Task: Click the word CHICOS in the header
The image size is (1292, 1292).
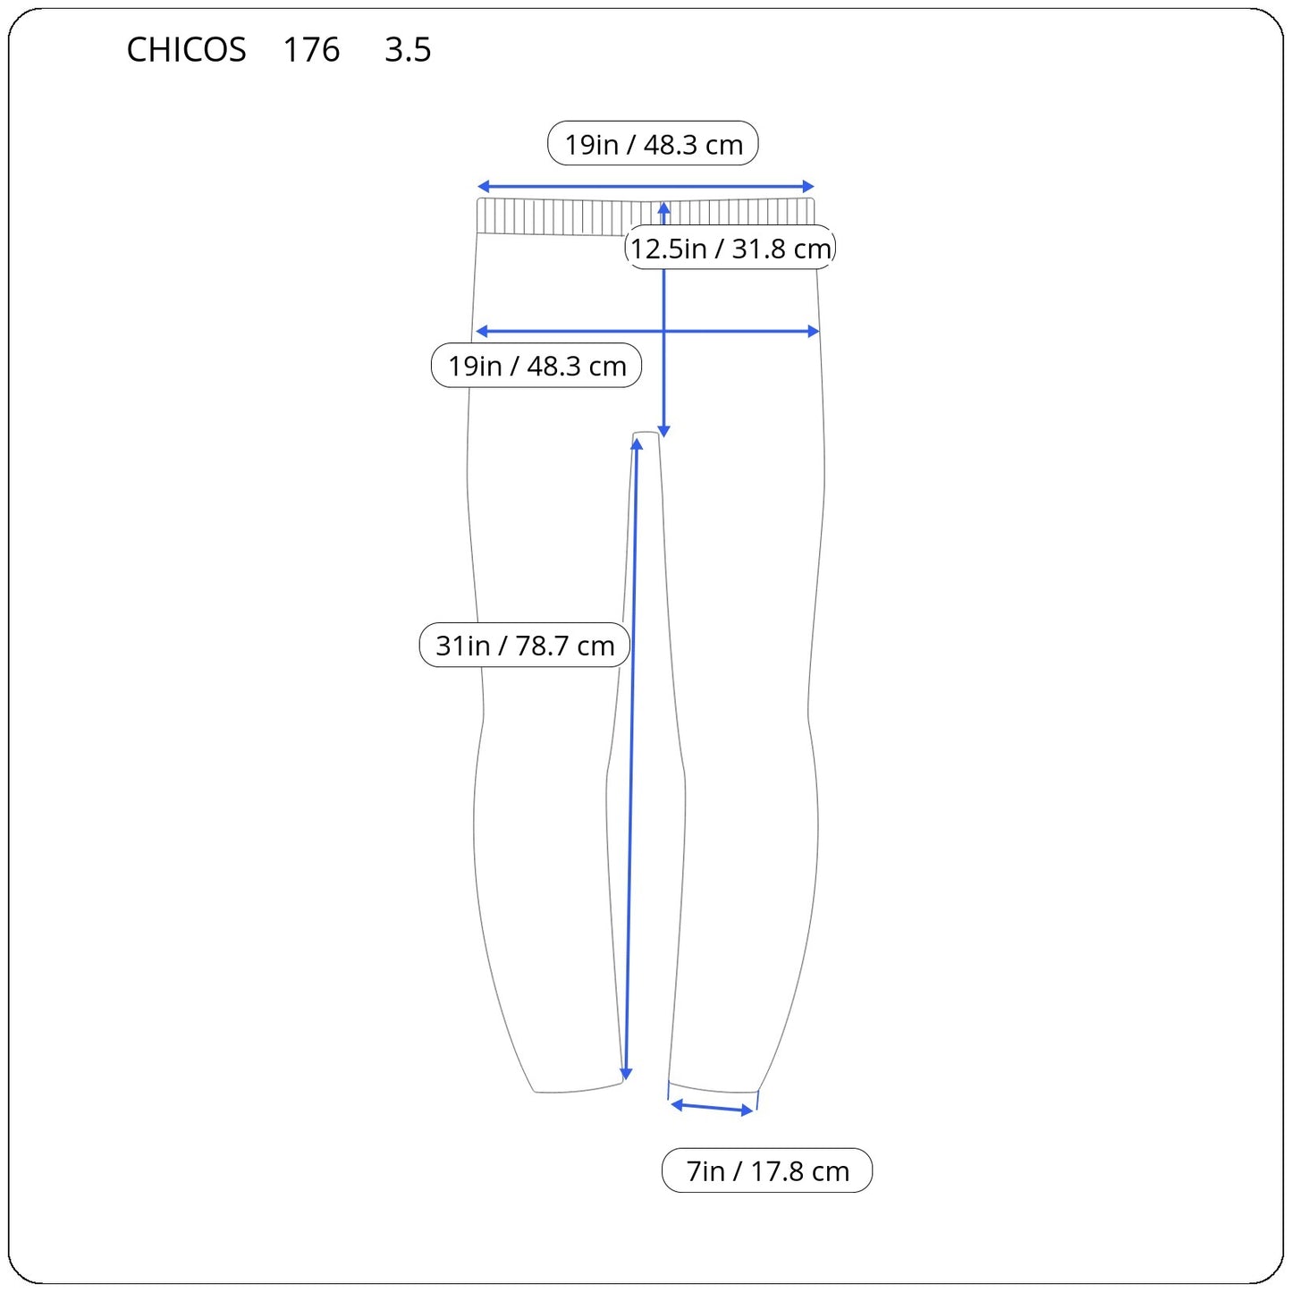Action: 186,49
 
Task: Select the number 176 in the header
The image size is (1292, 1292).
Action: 311,49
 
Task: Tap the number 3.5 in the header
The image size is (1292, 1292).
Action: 408,49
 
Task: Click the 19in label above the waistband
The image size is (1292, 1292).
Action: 653,143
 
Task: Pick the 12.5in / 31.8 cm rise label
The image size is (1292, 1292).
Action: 730,248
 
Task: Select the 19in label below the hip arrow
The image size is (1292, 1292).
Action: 536,366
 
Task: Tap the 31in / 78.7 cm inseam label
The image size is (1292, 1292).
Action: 525,645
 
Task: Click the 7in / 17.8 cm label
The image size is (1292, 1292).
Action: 767,1170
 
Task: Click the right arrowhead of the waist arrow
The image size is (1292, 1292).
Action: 808,186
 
